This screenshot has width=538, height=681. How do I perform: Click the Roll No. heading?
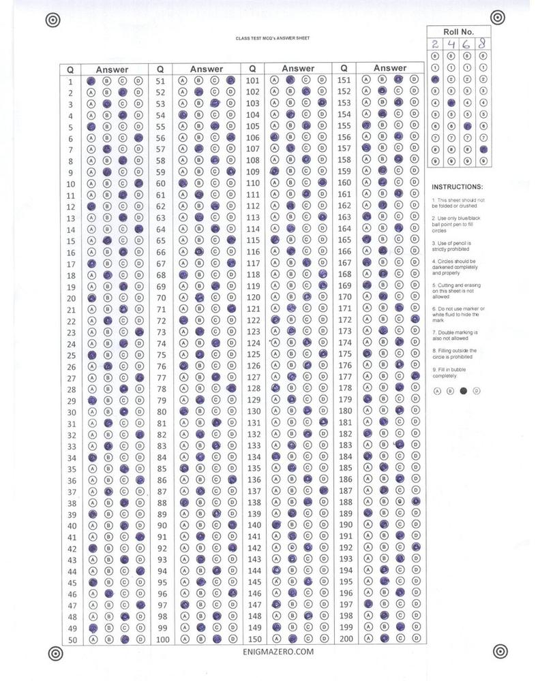point(458,31)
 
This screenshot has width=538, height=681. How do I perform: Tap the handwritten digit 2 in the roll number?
point(435,44)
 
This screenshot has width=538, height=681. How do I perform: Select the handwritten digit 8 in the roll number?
point(483,44)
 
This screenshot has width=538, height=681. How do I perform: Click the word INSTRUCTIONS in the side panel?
point(458,186)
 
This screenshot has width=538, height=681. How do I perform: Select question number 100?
point(162,639)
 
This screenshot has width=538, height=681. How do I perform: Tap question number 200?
point(346,639)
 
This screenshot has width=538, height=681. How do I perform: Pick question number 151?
point(344,80)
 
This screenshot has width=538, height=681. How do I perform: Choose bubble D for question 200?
point(414,639)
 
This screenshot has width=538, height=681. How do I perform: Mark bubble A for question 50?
point(91,639)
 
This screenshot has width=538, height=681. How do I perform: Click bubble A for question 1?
point(91,80)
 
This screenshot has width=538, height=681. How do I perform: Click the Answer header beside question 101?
point(298,68)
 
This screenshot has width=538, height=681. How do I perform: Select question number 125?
point(254,355)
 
